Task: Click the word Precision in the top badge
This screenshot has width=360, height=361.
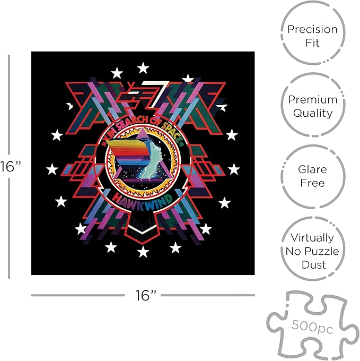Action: [x=312, y=30]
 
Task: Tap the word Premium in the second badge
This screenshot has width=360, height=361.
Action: [x=313, y=100]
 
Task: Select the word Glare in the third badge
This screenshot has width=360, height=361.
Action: [x=312, y=170]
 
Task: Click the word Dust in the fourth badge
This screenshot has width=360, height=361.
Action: [x=314, y=265]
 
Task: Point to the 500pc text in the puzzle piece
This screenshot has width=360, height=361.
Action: [x=312, y=326]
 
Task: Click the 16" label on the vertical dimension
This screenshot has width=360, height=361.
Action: [x=11, y=166]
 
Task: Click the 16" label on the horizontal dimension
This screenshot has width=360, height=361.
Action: [x=145, y=295]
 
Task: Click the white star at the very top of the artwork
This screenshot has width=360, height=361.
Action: [x=143, y=68]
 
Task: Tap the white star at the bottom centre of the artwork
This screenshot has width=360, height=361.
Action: [x=143, y=252]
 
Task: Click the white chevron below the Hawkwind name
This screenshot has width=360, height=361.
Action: [x=143, y=229]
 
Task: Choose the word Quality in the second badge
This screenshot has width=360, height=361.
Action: [x=313, y=113]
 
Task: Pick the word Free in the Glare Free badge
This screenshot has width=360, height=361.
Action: [x=312, y=183]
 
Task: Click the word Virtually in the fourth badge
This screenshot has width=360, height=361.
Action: [x=312, y=238]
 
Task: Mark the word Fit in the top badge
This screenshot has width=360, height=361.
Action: [x=312, y=43]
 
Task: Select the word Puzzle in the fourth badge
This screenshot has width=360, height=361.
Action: [x=320, y=251]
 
